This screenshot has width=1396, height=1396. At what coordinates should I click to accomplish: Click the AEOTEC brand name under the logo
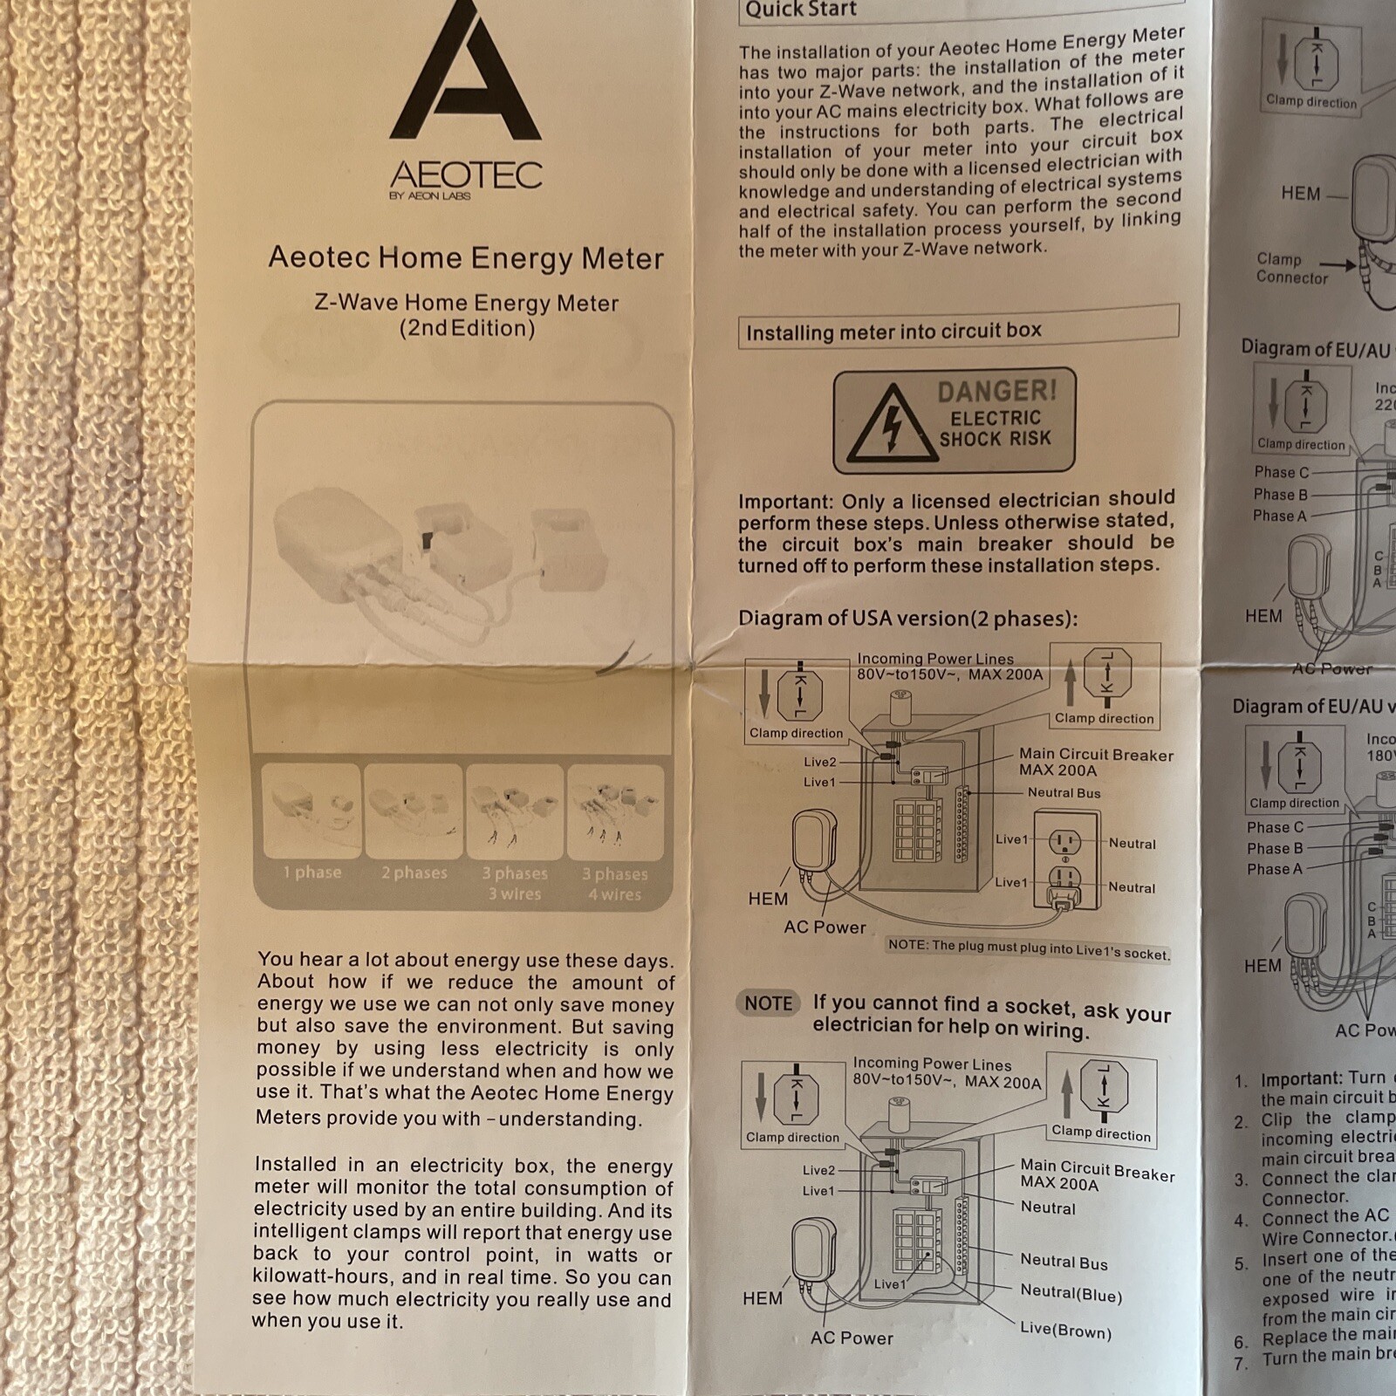point(466,174)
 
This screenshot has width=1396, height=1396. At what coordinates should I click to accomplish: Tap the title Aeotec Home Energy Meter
point(466,258)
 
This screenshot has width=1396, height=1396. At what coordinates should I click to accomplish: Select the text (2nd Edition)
point(467,329)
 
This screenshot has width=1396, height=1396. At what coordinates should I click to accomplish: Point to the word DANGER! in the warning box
point(997,390)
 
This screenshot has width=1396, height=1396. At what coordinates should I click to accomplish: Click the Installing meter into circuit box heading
point(894,332)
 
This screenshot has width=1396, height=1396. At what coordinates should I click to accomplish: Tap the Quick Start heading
point(801,10)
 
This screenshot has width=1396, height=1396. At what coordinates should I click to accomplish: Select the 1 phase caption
point(311,872)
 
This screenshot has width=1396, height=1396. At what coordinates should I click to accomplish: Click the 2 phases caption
point(414,872)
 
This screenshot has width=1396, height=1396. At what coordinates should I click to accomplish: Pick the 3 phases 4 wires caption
point(615,884)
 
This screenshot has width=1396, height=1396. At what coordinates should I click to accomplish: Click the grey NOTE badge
point(769,1003)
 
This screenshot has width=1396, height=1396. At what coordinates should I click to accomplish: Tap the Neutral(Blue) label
point(1071,1294)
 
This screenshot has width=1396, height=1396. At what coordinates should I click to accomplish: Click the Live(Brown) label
point(1066,1331)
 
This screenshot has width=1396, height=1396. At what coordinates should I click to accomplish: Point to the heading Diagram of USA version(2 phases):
point(908,619)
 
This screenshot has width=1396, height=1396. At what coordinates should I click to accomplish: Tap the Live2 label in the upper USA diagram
point(820,762)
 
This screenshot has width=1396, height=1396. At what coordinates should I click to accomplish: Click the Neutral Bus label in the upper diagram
point(1064,793)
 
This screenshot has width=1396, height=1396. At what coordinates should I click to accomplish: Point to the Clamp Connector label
point(1291,269)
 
